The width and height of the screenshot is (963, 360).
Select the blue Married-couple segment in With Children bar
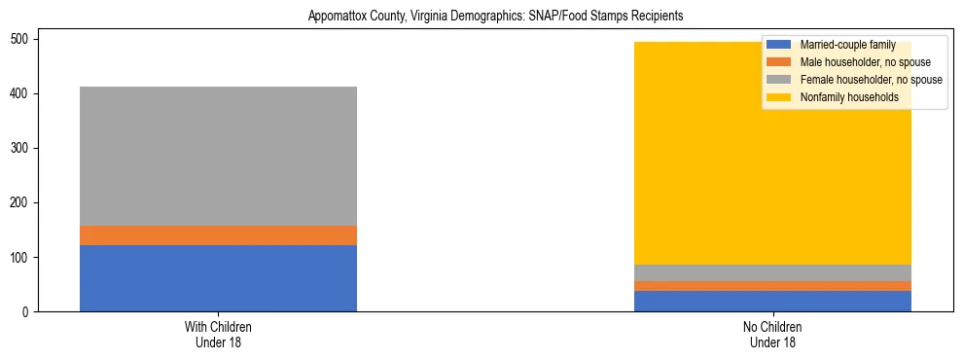[x=218, y=278]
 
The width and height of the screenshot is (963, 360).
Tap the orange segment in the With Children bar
[x=218, y=235]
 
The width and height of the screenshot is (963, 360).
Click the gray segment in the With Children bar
[x=218, y=156]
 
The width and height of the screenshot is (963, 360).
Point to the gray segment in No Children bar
[x=772, y=272]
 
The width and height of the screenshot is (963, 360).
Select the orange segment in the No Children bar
[x=772, y=286]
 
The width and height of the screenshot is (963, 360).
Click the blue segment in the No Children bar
[x=772, y=301]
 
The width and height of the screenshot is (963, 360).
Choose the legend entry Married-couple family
[x=846, y=45]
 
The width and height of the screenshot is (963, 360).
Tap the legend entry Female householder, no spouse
[x=870, y=80]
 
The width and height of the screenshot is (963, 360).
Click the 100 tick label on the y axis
[x=23, y=258]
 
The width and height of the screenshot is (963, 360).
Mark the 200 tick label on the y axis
[x=23, y=203]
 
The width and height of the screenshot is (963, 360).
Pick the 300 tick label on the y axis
[x=23, y=149]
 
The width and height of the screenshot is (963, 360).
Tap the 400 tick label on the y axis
[x=23, y=94]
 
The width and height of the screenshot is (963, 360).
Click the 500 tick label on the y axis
[x=23, y=40]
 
